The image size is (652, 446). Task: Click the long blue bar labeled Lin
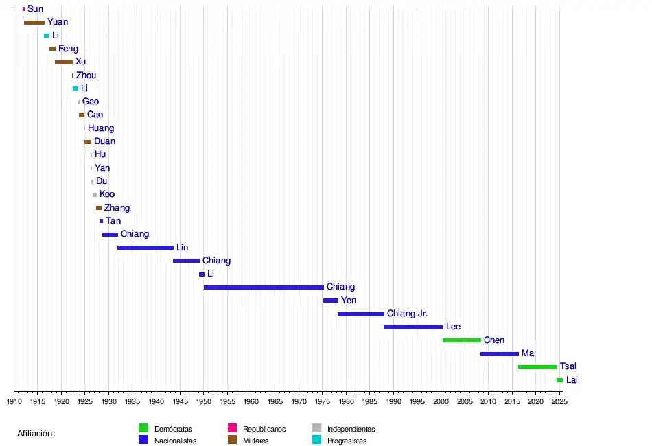coord(145,248)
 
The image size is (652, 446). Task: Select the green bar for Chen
coord(462,340)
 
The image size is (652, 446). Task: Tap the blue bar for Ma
coord(500,354)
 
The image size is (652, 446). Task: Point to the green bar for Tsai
coord(537,367)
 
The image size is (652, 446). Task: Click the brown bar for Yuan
coord(34,23)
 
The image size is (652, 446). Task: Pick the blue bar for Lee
coord(413,327)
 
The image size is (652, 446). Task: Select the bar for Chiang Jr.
coord(361,314)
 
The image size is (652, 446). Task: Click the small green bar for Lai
coord(559,380)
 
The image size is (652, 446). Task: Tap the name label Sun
coord(35,9)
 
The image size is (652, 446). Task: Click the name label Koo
coord(107,194)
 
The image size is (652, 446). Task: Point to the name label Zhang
coord(117,208)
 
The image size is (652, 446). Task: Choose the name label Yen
coord(349,301)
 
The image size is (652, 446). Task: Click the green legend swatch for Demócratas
coord(143,428)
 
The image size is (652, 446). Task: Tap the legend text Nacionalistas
coord(176,441)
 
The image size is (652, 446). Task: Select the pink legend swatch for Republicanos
coord(232,428)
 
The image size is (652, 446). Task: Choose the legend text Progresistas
coord(347,441)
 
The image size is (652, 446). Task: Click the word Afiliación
coord(36,434)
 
